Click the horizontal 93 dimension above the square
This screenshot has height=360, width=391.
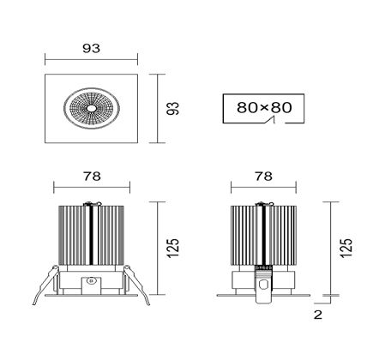pyautogui.click(x=92, y=48)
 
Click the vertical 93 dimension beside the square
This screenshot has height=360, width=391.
pyautogui.click(x=172, y=108)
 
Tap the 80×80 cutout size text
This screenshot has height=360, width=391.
pyautogui.click(x=264, y=107)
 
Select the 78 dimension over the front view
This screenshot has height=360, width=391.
pyautogui.click(x=92, y=177)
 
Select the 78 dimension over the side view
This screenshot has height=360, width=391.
pyautogui.click(x=264, y=177)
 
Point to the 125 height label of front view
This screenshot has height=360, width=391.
pyautogui.click(x=172, y=248)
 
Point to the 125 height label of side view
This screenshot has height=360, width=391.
pyautogui.click(x=346, y=248)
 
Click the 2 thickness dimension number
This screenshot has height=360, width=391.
pyautogui.click(x=318, y=315)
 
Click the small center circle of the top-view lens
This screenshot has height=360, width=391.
pyautogui.click(x=92, y=108)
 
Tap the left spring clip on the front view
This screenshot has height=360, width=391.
pyautogui.click(x=45, y=285)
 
